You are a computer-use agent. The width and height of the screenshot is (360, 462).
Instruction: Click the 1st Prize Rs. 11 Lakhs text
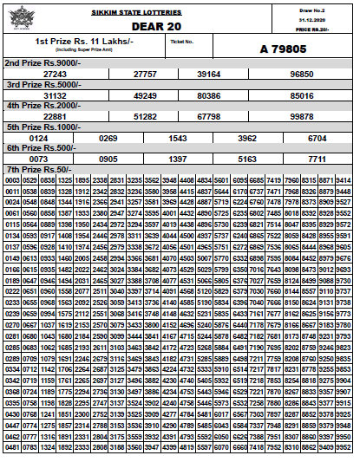click(84, 41)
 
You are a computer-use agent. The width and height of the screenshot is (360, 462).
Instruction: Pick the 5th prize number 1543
click(177, 137)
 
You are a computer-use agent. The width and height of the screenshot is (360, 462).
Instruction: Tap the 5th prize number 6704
click(318, 137)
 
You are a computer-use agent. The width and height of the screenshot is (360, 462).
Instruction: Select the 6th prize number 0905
click(108, 159)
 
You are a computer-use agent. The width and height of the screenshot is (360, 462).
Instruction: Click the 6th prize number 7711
click(318, 159)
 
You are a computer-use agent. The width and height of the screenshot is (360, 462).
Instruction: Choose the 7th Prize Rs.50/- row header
click(36, 168)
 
